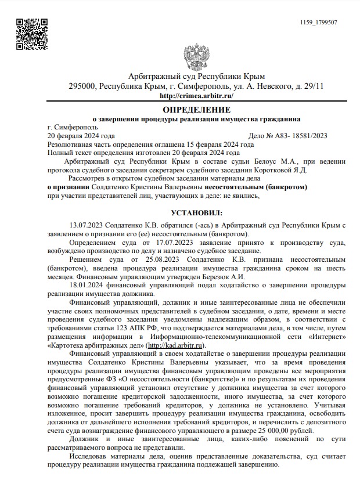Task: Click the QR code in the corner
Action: point(31,31)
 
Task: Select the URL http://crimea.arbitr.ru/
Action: point(196,95)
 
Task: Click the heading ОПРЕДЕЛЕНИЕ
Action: point(196,109)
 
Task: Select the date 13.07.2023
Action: point(86,224)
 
